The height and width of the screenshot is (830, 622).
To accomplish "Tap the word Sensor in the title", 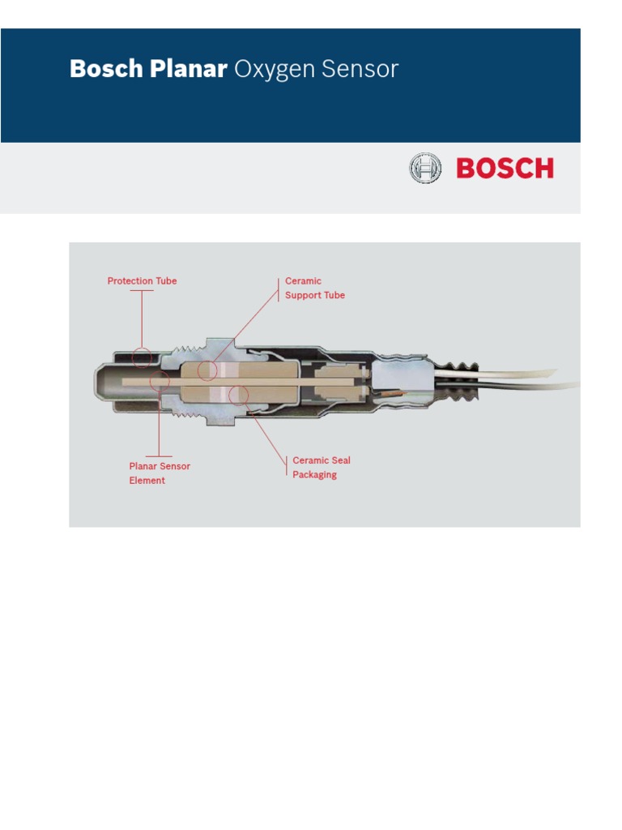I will [x=360, y=70].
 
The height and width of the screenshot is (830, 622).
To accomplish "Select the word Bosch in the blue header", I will [x=107, y=70].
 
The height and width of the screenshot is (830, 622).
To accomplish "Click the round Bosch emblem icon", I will [x=425, y=169].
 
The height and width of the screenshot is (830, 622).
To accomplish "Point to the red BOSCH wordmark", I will [x=505, y=169].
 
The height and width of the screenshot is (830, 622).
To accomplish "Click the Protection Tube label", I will [x=142, y=281].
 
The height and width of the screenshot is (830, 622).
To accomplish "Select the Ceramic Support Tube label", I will [x=314, y=288].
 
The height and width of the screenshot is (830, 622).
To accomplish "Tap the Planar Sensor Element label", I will [x=160, y=473].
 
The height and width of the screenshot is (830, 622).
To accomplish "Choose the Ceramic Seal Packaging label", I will [x=321, y=468].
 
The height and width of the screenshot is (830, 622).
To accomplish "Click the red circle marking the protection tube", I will [x=143, y=356].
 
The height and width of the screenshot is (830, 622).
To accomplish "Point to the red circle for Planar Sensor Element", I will [x=160, y=381].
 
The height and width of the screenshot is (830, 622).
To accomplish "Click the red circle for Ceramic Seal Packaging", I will [x=238, y=396].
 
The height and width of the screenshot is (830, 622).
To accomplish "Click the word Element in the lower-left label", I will [x=147, y=481].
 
